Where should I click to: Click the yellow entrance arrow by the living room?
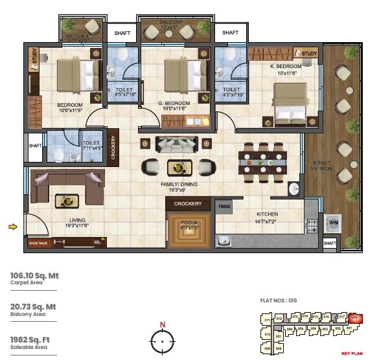(x=12, y=227)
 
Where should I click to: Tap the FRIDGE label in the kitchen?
(x=224, y=206)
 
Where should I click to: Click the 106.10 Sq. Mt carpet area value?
(x=34, y=275)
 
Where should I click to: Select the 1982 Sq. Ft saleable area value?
(x=32, y=339)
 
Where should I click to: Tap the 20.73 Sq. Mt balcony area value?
(x=33, y=307)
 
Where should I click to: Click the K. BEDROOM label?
(x=286, y=67)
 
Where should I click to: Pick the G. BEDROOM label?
(x=174, y=104)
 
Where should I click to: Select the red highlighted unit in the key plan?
(x=355, y=318)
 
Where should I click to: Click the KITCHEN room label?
(x=266, y=214)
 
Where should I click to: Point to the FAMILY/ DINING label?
(x=178, y=184)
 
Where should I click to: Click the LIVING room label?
(x=77, y=220)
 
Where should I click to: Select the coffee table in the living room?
(x=67, y=201)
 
